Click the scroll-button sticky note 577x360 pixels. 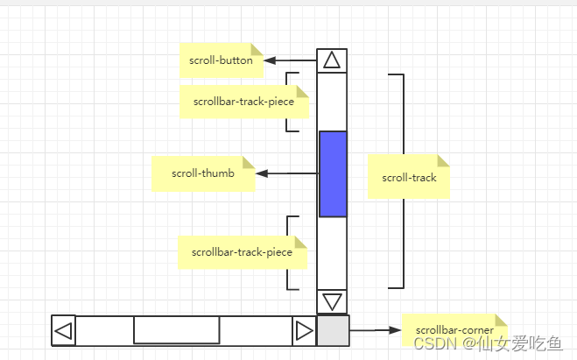click(221, 60)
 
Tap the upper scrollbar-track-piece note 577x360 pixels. click(243, 102)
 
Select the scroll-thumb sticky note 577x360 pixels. click(202, 173)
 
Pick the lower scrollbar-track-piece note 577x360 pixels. click(242, 252)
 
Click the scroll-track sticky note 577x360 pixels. click(408, 177)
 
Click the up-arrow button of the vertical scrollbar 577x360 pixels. click(332, 60)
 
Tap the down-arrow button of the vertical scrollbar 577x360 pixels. click(332, 302)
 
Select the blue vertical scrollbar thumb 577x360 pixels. click(333, 173)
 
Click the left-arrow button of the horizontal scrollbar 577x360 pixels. click(64, 331)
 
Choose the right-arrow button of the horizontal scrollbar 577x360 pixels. click(304, 331)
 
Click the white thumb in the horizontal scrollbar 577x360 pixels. click(176, 331)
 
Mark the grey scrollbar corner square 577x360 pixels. click(333, 331)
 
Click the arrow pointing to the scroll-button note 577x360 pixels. click(289, 60)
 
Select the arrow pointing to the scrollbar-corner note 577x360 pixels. click(375, 330)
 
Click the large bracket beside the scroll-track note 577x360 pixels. click(402, 180)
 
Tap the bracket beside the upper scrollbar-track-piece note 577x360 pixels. click(288, 102)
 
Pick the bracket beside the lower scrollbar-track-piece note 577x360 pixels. click(288, 252)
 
